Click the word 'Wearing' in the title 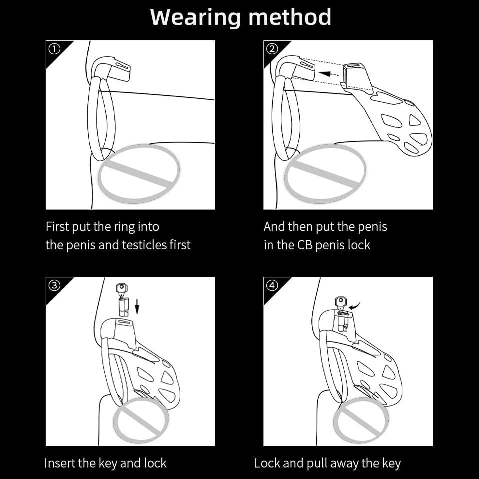[196, 17]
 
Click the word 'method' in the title [290, 17]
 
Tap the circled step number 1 [54, 49]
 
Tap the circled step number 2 [272, 49]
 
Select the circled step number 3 [54, 285]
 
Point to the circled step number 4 [272, 285]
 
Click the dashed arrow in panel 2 [328, 74]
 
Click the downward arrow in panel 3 [137, 307]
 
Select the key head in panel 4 [341, 301]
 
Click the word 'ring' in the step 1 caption [125, 227]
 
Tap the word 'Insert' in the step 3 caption [60, 463]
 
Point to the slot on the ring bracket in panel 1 [120, 66]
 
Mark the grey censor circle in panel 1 [139, 174]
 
